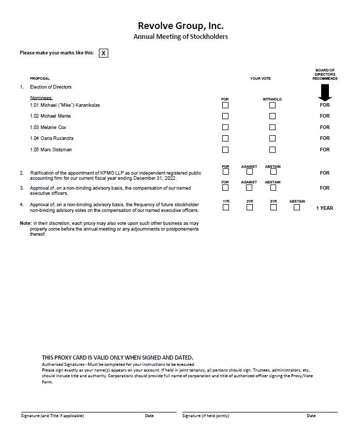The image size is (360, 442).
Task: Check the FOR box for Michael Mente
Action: click(225, 116)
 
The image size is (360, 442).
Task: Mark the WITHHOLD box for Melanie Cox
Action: click(272, 127)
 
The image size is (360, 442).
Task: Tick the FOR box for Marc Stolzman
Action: click(225, 150)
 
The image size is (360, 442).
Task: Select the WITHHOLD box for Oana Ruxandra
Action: click(272, 138)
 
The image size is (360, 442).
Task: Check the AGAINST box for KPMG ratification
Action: click(250, 172)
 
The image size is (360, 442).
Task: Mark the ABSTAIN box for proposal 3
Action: click(273, 188)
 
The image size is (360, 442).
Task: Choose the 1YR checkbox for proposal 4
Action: click(226, 207)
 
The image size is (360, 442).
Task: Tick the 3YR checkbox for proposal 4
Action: click(273, 207)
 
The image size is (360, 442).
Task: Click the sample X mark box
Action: click(104, 53)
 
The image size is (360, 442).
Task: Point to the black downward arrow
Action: click(325, 92)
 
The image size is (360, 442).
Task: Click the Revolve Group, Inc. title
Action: click(180, 25)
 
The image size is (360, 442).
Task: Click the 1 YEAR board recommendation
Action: click(325, 208)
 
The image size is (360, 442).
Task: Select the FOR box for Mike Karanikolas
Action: click(225, 105)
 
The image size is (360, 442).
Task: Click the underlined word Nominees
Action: click(41, 98)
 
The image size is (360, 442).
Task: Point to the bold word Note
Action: click(25, 223)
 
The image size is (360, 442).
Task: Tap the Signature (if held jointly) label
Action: click(206, 416)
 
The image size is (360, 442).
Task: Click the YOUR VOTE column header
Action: click(260, 79)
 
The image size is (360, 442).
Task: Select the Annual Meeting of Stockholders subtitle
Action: click(180, 37)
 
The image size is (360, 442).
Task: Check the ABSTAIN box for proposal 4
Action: click(297, 207)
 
